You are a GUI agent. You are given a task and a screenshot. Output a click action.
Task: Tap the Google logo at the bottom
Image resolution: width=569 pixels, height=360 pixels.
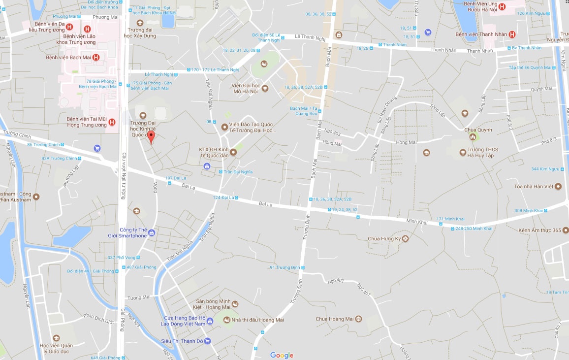coord(282,356)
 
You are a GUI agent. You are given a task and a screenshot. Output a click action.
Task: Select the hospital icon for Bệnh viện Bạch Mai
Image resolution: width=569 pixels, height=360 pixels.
coord(96,58)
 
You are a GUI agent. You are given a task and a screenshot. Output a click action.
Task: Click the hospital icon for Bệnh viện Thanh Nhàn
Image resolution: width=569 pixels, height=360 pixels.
coord(512,34)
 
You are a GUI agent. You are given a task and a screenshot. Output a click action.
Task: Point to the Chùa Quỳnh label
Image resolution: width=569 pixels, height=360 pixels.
coord(478,130)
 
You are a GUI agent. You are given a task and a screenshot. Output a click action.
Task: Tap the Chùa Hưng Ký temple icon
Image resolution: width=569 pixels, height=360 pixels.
coord(405,239)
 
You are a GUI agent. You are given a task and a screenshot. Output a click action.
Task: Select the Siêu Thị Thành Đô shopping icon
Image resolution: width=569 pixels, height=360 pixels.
coord(208,341)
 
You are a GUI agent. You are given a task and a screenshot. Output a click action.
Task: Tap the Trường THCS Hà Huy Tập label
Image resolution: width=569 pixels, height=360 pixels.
coord(481,153)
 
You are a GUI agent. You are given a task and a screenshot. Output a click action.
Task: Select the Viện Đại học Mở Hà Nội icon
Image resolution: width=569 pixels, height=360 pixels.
coord(265,89)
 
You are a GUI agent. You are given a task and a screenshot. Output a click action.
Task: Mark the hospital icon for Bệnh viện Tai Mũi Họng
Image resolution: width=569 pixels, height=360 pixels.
coord(112,122)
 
